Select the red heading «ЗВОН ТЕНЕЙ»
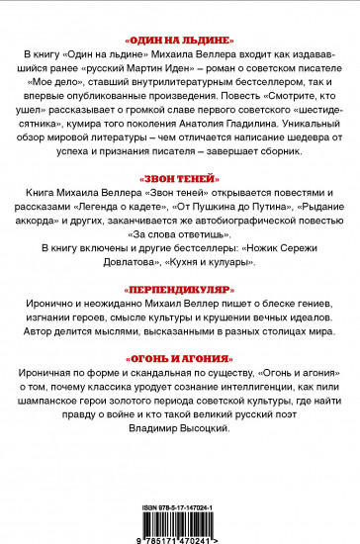point(179,175)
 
